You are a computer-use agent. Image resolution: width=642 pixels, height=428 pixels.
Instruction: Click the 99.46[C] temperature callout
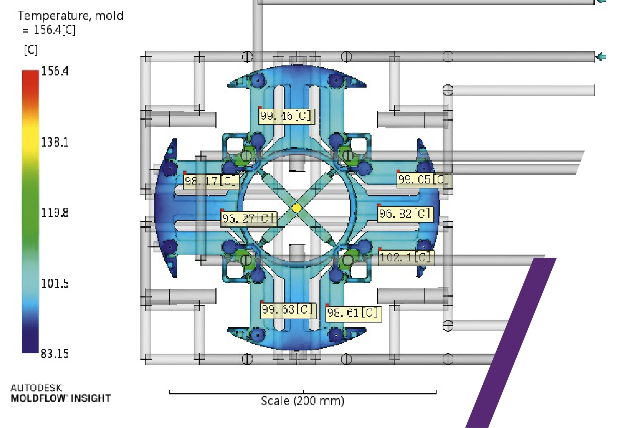pos(287,116)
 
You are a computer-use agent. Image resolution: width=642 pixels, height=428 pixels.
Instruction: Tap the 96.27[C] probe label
pos(249,218)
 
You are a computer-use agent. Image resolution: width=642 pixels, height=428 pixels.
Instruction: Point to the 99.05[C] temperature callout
pos(424,179)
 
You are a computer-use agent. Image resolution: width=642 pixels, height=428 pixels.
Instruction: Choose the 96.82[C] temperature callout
pos(406,214)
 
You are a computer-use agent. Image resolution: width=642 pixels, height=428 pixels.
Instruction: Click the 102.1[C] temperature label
pos(407,257)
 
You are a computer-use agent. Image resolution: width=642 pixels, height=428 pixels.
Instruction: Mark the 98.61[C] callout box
pos(354,313)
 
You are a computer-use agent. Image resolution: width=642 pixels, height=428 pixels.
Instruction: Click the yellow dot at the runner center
pos(297,208)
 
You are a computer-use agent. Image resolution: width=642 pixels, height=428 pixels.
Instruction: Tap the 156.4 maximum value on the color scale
pos(55,71)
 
